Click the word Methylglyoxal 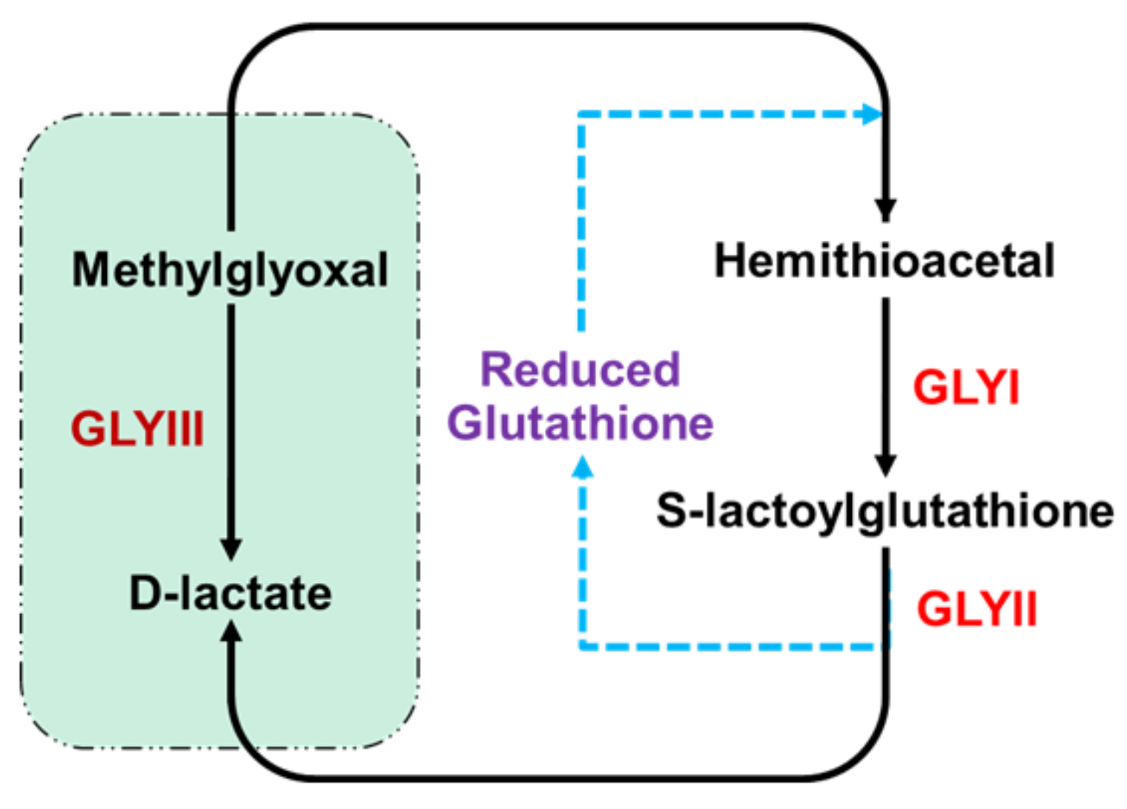click(x=230, y=270)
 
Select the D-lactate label click(x=231, y=594)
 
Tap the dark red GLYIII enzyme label click(x=137, y=429)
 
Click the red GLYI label click(x=966, y=387)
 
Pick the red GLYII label click(x=976, y=610)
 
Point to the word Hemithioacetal click(x=884, y=262)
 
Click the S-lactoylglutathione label click(x=885, y=511)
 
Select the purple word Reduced click(x=580, y=370)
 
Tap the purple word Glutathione click(x=580, y=423)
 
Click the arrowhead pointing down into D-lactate click(x=231, y=548)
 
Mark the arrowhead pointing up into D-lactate click(x=231, y=632)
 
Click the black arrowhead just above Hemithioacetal click(x=885, y=209)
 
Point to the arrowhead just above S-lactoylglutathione click(x=885, y=464)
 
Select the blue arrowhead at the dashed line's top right click(x=872, y=115)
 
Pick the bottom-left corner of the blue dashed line click(x=584, y=646)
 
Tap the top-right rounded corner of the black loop click(x=860, y=52)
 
